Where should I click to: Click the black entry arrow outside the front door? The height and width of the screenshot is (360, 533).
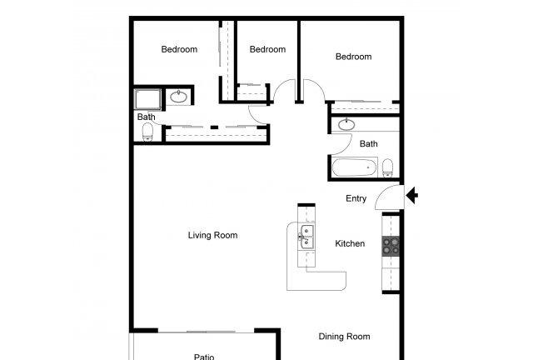[x=412, y=195]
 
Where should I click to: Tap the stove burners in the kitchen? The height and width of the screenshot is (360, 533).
[x=391, y=246]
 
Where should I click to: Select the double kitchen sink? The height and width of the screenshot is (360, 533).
[x=306, y=237]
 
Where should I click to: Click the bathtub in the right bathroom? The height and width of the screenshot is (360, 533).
[x=355, y=167]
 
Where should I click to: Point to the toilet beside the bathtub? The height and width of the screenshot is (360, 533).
[x=388, y=168]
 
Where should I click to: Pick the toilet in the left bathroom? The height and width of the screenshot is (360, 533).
[x=147, y=132]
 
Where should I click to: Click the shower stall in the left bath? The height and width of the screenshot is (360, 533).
[x=147, y=99]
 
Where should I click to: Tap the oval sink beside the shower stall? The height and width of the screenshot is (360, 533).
[x=178, y=97]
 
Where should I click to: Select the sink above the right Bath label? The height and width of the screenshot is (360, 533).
[x=346, y=124]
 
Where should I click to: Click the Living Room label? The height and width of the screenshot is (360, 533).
[x=213, y=235]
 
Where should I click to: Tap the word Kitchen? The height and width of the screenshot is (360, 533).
[x=350, y=243]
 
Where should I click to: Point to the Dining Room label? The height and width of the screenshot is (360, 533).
[x=344, y=337]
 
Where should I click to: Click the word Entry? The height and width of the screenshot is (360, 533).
[x=356, y=198]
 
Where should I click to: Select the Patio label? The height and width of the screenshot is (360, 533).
[x=204, y=357]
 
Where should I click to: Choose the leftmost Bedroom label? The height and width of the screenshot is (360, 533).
[x=180, y=49]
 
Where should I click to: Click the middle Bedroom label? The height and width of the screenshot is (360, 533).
[x=268, y=49]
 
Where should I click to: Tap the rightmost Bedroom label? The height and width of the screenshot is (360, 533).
[x=353, y=57]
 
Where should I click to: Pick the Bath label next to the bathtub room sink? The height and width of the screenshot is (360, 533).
[x=369, y=144]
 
